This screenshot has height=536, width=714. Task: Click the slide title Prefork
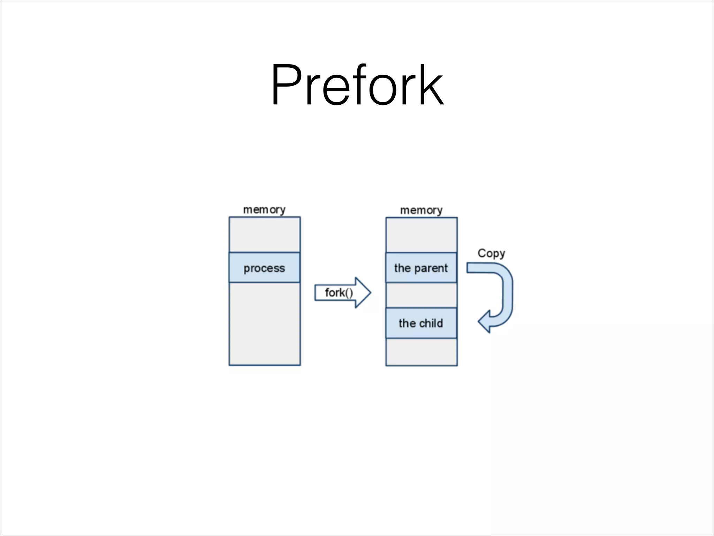[357, 85]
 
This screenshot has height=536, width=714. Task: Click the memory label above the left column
[264, 210]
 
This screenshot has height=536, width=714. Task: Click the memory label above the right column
[421, 210]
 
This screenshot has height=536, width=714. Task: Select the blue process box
[264, 268]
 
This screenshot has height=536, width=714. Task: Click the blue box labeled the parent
[421, 268]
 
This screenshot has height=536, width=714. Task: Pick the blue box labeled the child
[421, 323]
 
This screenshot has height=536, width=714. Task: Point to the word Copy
[491, 253]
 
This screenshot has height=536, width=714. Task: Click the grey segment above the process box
[264, 234]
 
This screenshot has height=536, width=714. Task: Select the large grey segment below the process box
[264, 324]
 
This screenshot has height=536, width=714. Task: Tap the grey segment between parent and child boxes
[421, 295]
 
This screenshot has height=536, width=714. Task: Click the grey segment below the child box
[421, 352]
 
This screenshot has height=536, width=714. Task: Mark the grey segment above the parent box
[421, 235]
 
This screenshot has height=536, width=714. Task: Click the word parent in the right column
[431, 268]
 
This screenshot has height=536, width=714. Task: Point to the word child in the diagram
[431, 323]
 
